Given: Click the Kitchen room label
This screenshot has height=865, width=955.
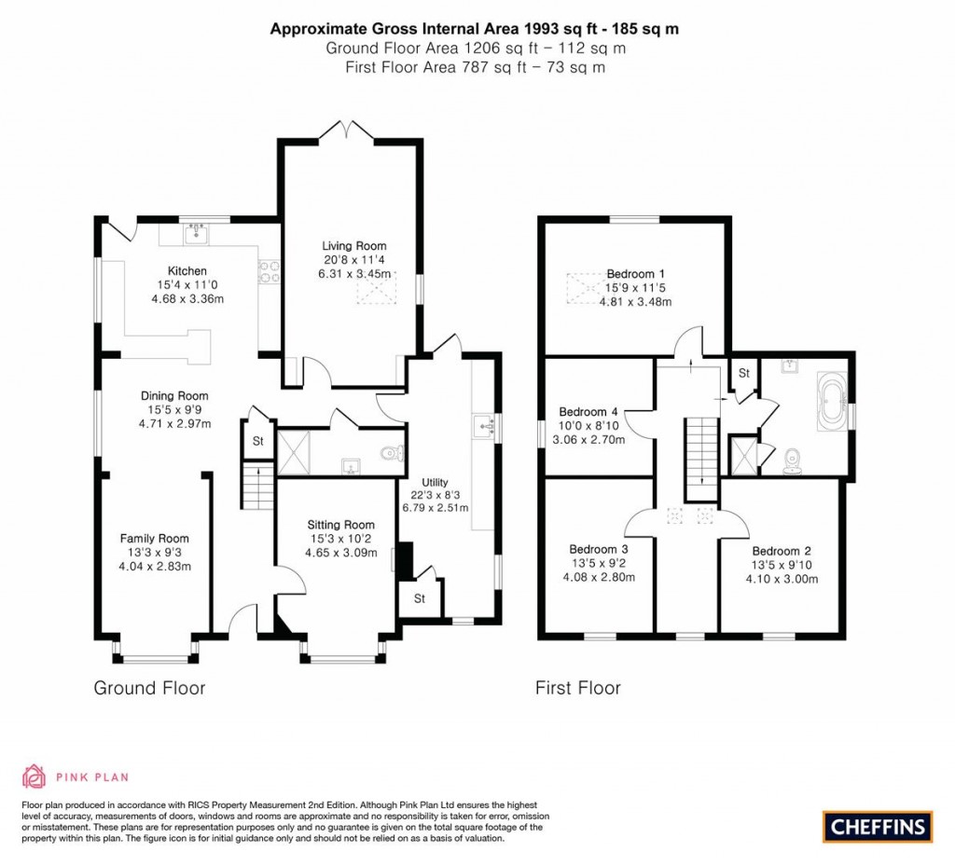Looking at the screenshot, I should pos(187,271).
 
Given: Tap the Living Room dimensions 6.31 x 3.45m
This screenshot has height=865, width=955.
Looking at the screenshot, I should pos(353,275).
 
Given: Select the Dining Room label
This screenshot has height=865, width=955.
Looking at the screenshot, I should pos(174,395).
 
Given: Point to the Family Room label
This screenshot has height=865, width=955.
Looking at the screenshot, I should pos(154,538).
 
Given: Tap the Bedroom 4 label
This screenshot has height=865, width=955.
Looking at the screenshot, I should pos(588,411).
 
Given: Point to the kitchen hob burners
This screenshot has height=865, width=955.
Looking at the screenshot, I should pos(265,271).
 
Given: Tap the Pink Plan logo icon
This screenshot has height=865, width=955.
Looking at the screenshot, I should pos(34,776).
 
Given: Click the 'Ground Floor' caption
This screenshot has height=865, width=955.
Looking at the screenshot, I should pos(149,688).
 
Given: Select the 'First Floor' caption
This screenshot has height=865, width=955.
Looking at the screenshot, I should pos(577,688).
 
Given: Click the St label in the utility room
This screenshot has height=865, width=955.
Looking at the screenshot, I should pos(419,598).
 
